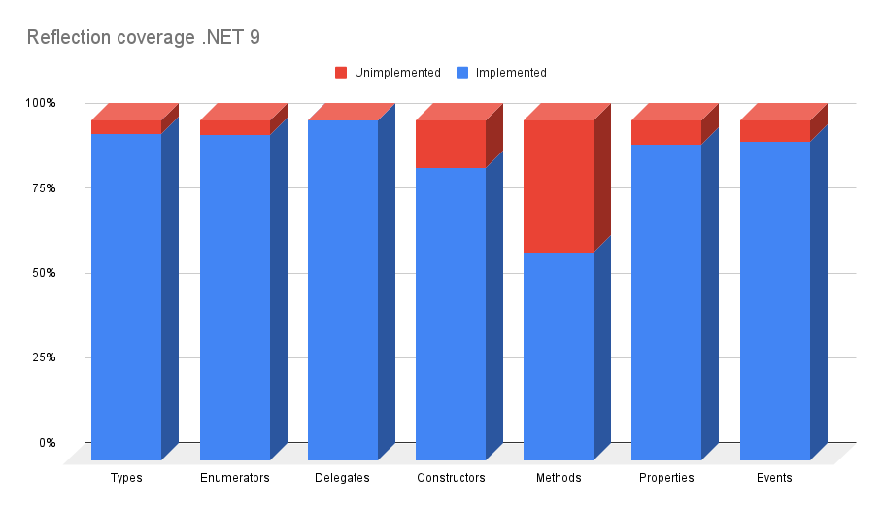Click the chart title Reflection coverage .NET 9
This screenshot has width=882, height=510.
144,37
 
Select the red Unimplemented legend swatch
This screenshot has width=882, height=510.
341,73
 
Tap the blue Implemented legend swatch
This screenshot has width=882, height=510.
462,73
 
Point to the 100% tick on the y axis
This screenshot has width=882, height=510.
41,103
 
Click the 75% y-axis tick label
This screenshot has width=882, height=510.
44,188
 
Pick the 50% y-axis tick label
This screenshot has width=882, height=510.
44,273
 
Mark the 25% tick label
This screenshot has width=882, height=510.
44,357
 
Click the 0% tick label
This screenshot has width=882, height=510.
48,443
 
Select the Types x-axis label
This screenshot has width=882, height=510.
126,478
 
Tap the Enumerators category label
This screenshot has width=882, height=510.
234,478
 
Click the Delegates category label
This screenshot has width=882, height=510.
342,478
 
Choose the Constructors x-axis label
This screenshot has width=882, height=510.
451,478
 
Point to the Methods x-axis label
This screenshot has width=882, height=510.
559,478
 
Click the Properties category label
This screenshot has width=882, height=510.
666,478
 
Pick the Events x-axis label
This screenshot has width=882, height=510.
774,478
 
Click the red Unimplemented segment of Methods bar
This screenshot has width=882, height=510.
559,187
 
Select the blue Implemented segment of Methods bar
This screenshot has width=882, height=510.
559,357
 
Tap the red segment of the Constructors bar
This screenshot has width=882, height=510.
451,145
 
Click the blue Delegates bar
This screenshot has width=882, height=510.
343,290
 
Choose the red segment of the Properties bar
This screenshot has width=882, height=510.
666,133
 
